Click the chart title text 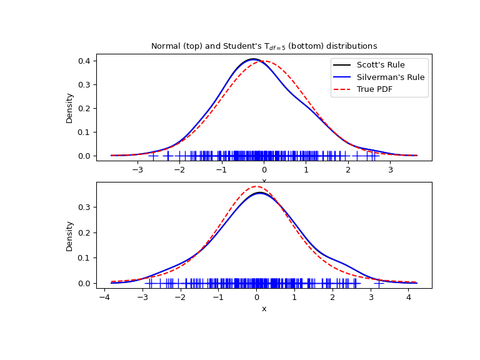tap(264, 46)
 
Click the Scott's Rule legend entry tap(381, 65)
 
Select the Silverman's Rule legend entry tap(390, 77)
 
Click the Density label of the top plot tap(70, 107)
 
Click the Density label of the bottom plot tap(70, 236)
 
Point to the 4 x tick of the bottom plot tap(409, 297)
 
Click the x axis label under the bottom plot tap(264, 309)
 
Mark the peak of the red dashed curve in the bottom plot tap(256, 186)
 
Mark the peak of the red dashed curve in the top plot tap(264, 61)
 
